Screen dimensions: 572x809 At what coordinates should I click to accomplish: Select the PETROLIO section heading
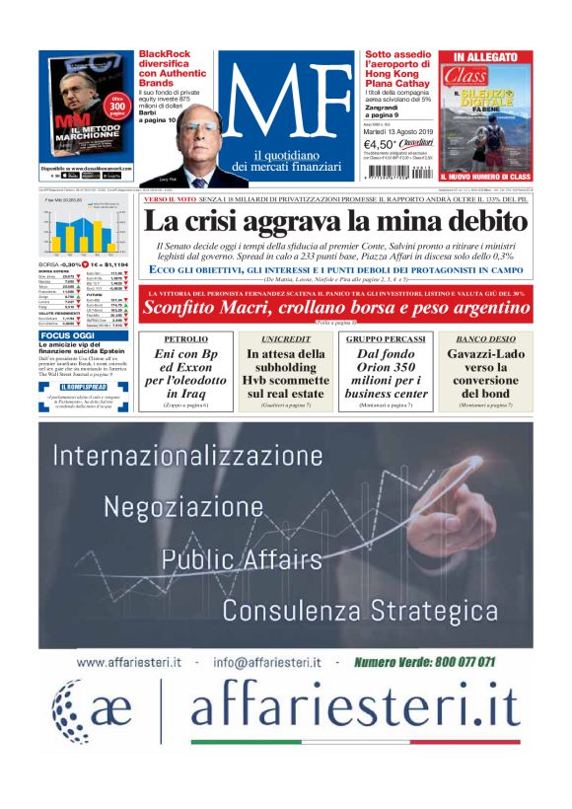coord(185,338)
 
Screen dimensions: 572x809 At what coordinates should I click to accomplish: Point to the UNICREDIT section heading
coord(285,338)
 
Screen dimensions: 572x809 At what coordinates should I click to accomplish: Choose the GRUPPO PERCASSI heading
coord(386,338)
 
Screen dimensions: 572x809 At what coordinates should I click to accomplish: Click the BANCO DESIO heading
coord(486,338)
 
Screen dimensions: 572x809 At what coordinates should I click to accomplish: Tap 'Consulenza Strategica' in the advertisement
coord(360,605)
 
